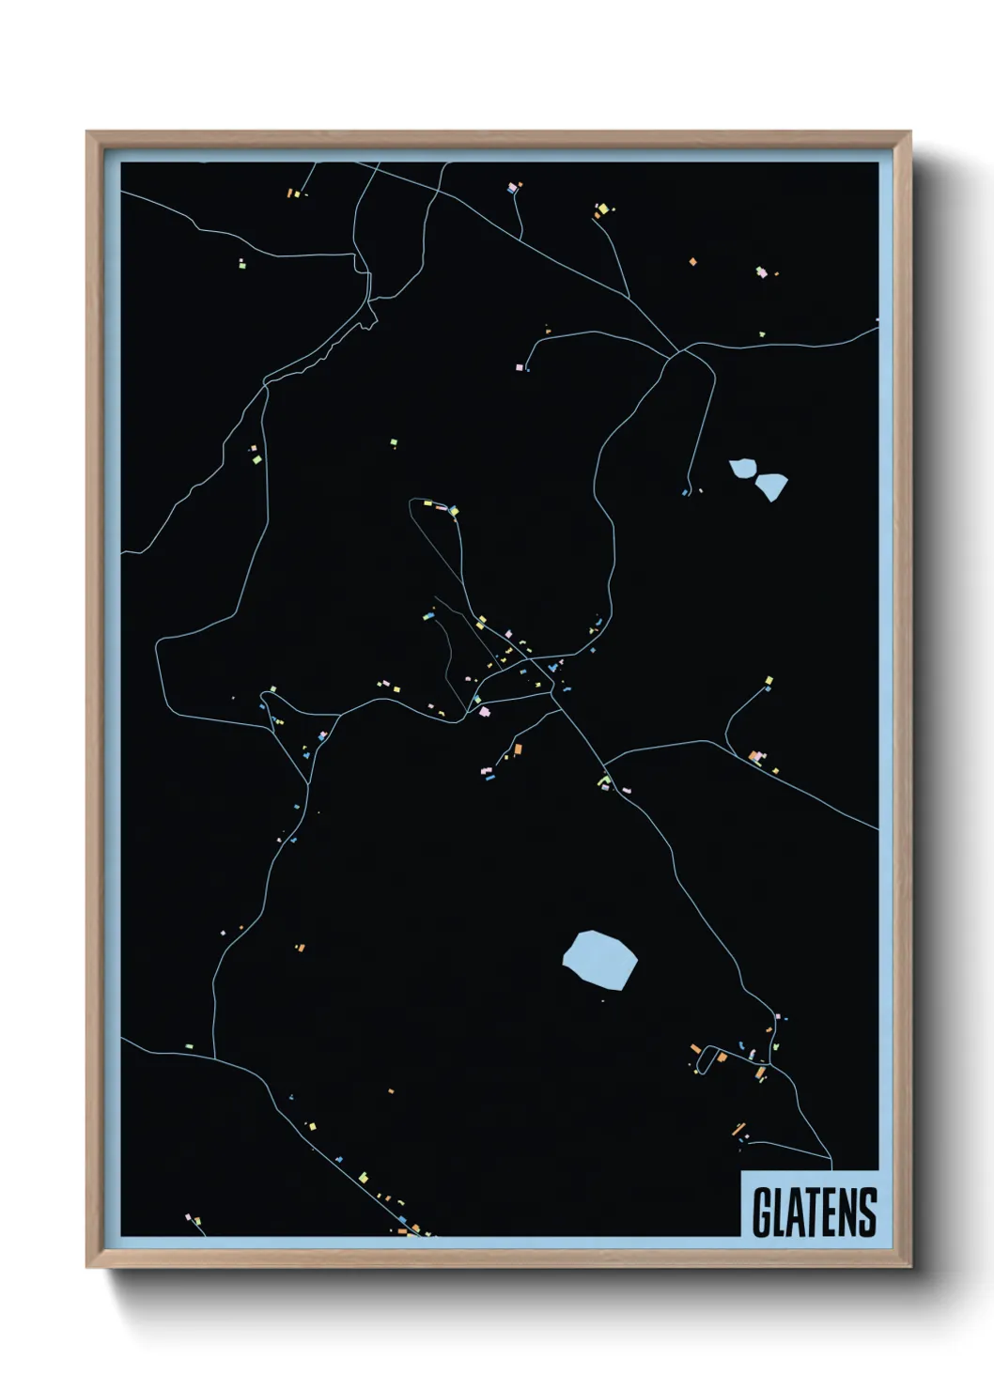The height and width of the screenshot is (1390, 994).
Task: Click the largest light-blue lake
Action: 599,959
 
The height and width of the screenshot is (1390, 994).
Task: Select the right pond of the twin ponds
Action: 772,486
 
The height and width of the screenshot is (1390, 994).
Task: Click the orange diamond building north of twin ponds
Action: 692,261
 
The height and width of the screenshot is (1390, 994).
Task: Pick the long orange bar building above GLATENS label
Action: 739,1128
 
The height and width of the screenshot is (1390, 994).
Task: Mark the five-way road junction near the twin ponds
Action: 676,355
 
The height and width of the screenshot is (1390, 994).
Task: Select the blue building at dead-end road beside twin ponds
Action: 685,492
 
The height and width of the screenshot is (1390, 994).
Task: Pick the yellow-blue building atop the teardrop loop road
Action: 454,511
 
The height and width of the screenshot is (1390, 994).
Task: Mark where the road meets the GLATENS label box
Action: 831,1170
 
